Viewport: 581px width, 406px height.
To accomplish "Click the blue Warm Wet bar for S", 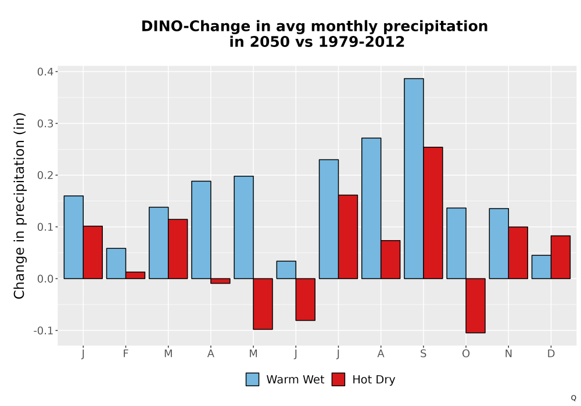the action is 414,179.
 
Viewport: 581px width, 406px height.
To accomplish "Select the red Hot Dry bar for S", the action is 433,213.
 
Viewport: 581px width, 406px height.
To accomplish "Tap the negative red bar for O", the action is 475,306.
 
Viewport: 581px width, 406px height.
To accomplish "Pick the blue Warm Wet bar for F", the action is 116,263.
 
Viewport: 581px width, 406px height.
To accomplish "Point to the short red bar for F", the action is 135,275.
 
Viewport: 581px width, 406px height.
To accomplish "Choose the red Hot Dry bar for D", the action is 561,258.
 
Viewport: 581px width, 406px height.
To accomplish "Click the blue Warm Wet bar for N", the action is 498,244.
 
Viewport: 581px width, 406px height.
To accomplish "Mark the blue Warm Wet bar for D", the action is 541,267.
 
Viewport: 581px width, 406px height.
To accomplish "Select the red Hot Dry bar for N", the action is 518,253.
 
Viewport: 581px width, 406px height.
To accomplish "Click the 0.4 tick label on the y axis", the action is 45,72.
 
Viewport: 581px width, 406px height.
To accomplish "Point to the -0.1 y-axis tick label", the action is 43,331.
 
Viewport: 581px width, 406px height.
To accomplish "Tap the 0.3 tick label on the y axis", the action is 45,124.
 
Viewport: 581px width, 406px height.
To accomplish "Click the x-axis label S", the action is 423,354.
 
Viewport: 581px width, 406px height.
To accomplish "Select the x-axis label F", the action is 125,354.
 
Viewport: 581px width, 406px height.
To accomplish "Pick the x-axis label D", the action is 551,354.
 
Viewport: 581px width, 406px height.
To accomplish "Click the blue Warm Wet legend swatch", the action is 252,379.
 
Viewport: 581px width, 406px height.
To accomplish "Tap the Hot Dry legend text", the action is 374,380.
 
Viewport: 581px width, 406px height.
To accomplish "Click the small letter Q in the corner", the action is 573,398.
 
